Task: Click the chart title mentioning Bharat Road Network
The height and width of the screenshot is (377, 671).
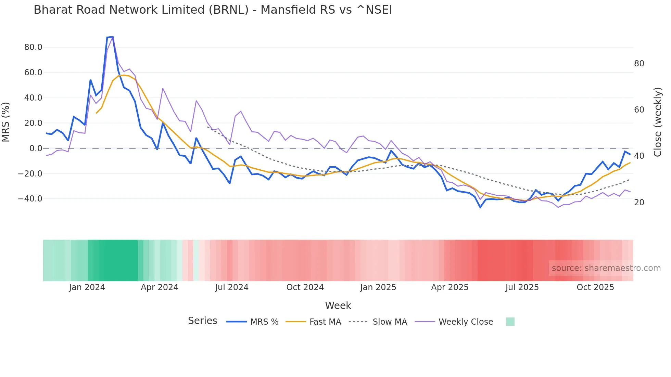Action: [x=213, y=10]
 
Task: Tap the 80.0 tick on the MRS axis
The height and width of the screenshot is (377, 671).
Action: [x=33, y=47]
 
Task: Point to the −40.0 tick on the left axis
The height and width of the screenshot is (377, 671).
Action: [x=30, y=199]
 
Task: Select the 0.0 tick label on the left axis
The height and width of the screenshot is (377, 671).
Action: [x=36, y=148]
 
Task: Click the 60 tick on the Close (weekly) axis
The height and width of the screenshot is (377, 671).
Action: [x=639, y=110]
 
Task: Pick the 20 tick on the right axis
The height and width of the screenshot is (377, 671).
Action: [x=639, y=203]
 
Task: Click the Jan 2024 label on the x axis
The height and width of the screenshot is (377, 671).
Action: [x=87, y=287]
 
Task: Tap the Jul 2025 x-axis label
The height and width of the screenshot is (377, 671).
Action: [x=522, y=287]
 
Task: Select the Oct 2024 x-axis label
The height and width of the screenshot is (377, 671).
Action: [x=305, y=287]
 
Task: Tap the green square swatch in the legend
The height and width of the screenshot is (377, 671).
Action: [x=510, y=322]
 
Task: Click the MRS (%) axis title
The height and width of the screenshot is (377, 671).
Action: [x=6, y=122]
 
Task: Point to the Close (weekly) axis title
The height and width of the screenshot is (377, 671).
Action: [x=658, y=122]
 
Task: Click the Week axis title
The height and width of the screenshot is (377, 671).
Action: [x=338, y=305]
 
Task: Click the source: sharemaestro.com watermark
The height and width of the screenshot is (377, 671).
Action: [x=606, y=268]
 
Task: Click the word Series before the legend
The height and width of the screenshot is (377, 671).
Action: [x=202, y=321]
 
